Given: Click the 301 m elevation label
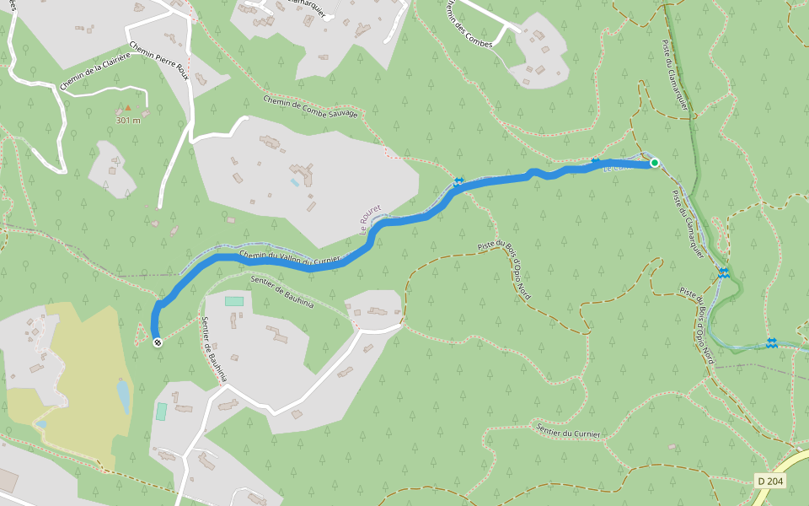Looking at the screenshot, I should coord(128,120).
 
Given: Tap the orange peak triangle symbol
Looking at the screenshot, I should coord(128,108).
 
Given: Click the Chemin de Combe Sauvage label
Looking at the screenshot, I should coord(310,107).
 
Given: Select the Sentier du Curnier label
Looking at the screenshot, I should coord(568,432).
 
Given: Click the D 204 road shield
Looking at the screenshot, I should coord(770,481).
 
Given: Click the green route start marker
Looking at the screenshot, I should coord(654,163).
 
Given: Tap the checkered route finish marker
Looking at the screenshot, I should coord(158,342).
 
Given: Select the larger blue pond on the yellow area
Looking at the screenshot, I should coord(123,396).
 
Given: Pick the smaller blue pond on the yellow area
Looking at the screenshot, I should coord(41,423).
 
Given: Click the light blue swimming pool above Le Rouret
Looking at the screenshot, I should coord(294,181).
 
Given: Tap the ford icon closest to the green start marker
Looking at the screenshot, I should coord(596,161).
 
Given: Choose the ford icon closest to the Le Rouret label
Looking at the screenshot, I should coord(459,181).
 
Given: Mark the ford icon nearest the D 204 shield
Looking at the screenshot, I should coord(771,342).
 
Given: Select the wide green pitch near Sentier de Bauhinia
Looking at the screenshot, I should coord(233,301).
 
